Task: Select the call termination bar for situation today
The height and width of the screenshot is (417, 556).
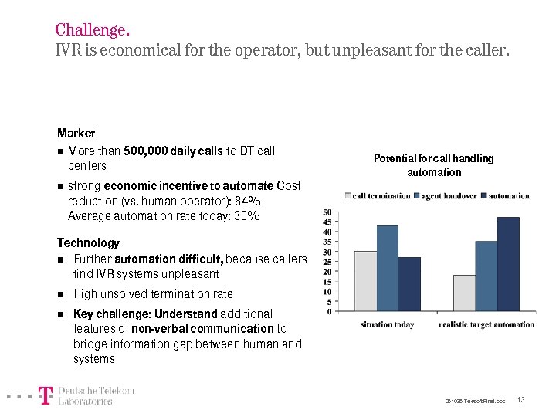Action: point(365,281)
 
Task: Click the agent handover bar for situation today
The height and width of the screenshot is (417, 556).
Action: point(388,268)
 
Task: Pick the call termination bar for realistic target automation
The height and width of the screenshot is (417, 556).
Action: point(464,293)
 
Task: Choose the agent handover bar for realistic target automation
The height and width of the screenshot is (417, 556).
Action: point(486,276)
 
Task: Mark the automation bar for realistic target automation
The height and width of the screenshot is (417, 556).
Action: point(508,264)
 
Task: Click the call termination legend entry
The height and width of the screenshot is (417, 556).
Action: point(378,196)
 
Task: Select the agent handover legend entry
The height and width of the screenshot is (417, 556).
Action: point(449,196)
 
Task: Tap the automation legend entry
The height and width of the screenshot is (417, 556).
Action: point(508,196)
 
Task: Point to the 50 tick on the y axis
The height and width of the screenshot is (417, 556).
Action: point(327,212)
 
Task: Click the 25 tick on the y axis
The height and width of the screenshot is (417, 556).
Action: point(327,262)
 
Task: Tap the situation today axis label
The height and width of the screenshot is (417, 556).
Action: point(388,324)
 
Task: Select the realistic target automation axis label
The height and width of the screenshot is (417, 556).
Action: point(486,324)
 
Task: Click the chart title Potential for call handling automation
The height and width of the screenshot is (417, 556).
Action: point(433,165)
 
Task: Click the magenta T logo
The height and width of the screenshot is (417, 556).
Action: point(46,396)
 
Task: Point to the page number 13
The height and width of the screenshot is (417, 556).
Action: point(521,400)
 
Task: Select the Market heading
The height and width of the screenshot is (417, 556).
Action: point(76,134)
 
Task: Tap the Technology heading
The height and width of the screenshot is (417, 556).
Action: point(88,243)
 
